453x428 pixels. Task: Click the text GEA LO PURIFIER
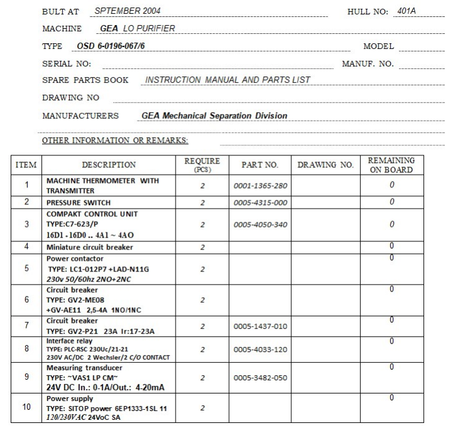(x=137, y=28)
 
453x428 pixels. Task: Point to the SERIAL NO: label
(x=67, y=64)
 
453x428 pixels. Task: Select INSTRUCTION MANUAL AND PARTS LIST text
(x=227, y=80)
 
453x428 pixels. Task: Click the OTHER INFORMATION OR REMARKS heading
(x=115, y=140)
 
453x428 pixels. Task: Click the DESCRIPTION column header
(x=109, y=165)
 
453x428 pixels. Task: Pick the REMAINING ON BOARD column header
(x=390, y=165)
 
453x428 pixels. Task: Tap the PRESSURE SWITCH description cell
(x=78, y=203)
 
